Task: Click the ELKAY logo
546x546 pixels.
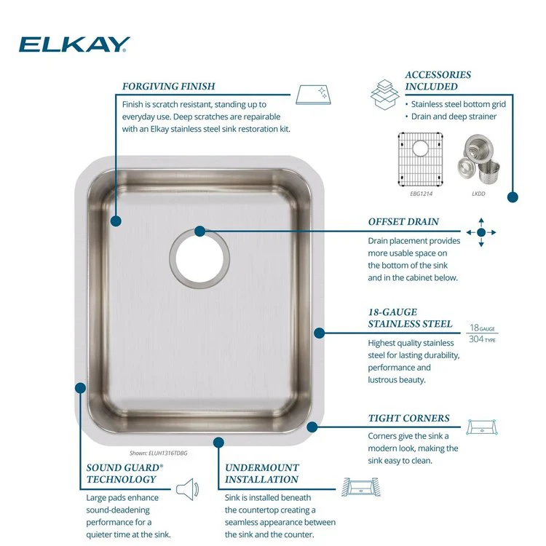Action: (74, 44)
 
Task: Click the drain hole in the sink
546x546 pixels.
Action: (199, 258)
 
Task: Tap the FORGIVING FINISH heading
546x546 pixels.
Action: (169, 86)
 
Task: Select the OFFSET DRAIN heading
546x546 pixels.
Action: (403, 221)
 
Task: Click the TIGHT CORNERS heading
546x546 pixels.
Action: (409, 418)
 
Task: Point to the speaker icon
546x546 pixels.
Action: (187, 489)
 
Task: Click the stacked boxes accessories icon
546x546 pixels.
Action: (385, 95)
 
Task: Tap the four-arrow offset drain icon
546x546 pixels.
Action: (481, 232)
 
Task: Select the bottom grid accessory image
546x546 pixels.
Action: (420, 159)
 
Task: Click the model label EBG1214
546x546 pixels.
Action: (421, 194)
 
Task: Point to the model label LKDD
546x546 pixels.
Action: (478, 194)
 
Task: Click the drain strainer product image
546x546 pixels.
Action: (478, 159)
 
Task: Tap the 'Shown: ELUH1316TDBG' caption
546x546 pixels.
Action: (159, 453)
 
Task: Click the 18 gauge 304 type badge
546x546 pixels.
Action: (482, 333)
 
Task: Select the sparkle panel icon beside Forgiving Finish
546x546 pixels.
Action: (313, 95)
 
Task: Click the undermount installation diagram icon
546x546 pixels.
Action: (361, 487)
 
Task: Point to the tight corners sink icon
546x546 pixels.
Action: (482, 427)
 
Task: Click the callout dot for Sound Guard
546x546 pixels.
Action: (80, 388)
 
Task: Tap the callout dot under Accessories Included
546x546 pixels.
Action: (513, 197)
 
